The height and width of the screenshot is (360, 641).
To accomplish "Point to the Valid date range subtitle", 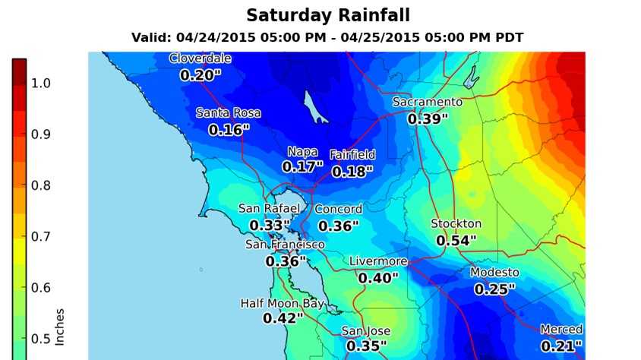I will point(327,37).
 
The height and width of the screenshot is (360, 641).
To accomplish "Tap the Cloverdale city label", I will point(201,58).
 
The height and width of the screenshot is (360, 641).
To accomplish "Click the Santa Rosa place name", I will point(229,113).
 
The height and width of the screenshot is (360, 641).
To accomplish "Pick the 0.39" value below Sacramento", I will point(428,118).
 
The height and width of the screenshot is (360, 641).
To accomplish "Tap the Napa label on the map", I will point(302,152).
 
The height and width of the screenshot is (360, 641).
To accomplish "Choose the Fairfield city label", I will point(352,155).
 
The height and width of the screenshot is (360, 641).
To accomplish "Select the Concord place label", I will point(339,210).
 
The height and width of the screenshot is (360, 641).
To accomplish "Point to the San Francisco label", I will point(285,245).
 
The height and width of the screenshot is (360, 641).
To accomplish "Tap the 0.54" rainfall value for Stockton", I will point(456,241).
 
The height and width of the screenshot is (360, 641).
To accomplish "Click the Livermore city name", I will point(378,262).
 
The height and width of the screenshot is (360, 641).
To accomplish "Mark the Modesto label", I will point(494,273).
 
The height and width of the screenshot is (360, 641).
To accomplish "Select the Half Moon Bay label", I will point(283,304).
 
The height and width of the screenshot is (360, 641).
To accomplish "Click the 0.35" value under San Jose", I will point(367,346).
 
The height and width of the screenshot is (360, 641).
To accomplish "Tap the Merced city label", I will point(561,330).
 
